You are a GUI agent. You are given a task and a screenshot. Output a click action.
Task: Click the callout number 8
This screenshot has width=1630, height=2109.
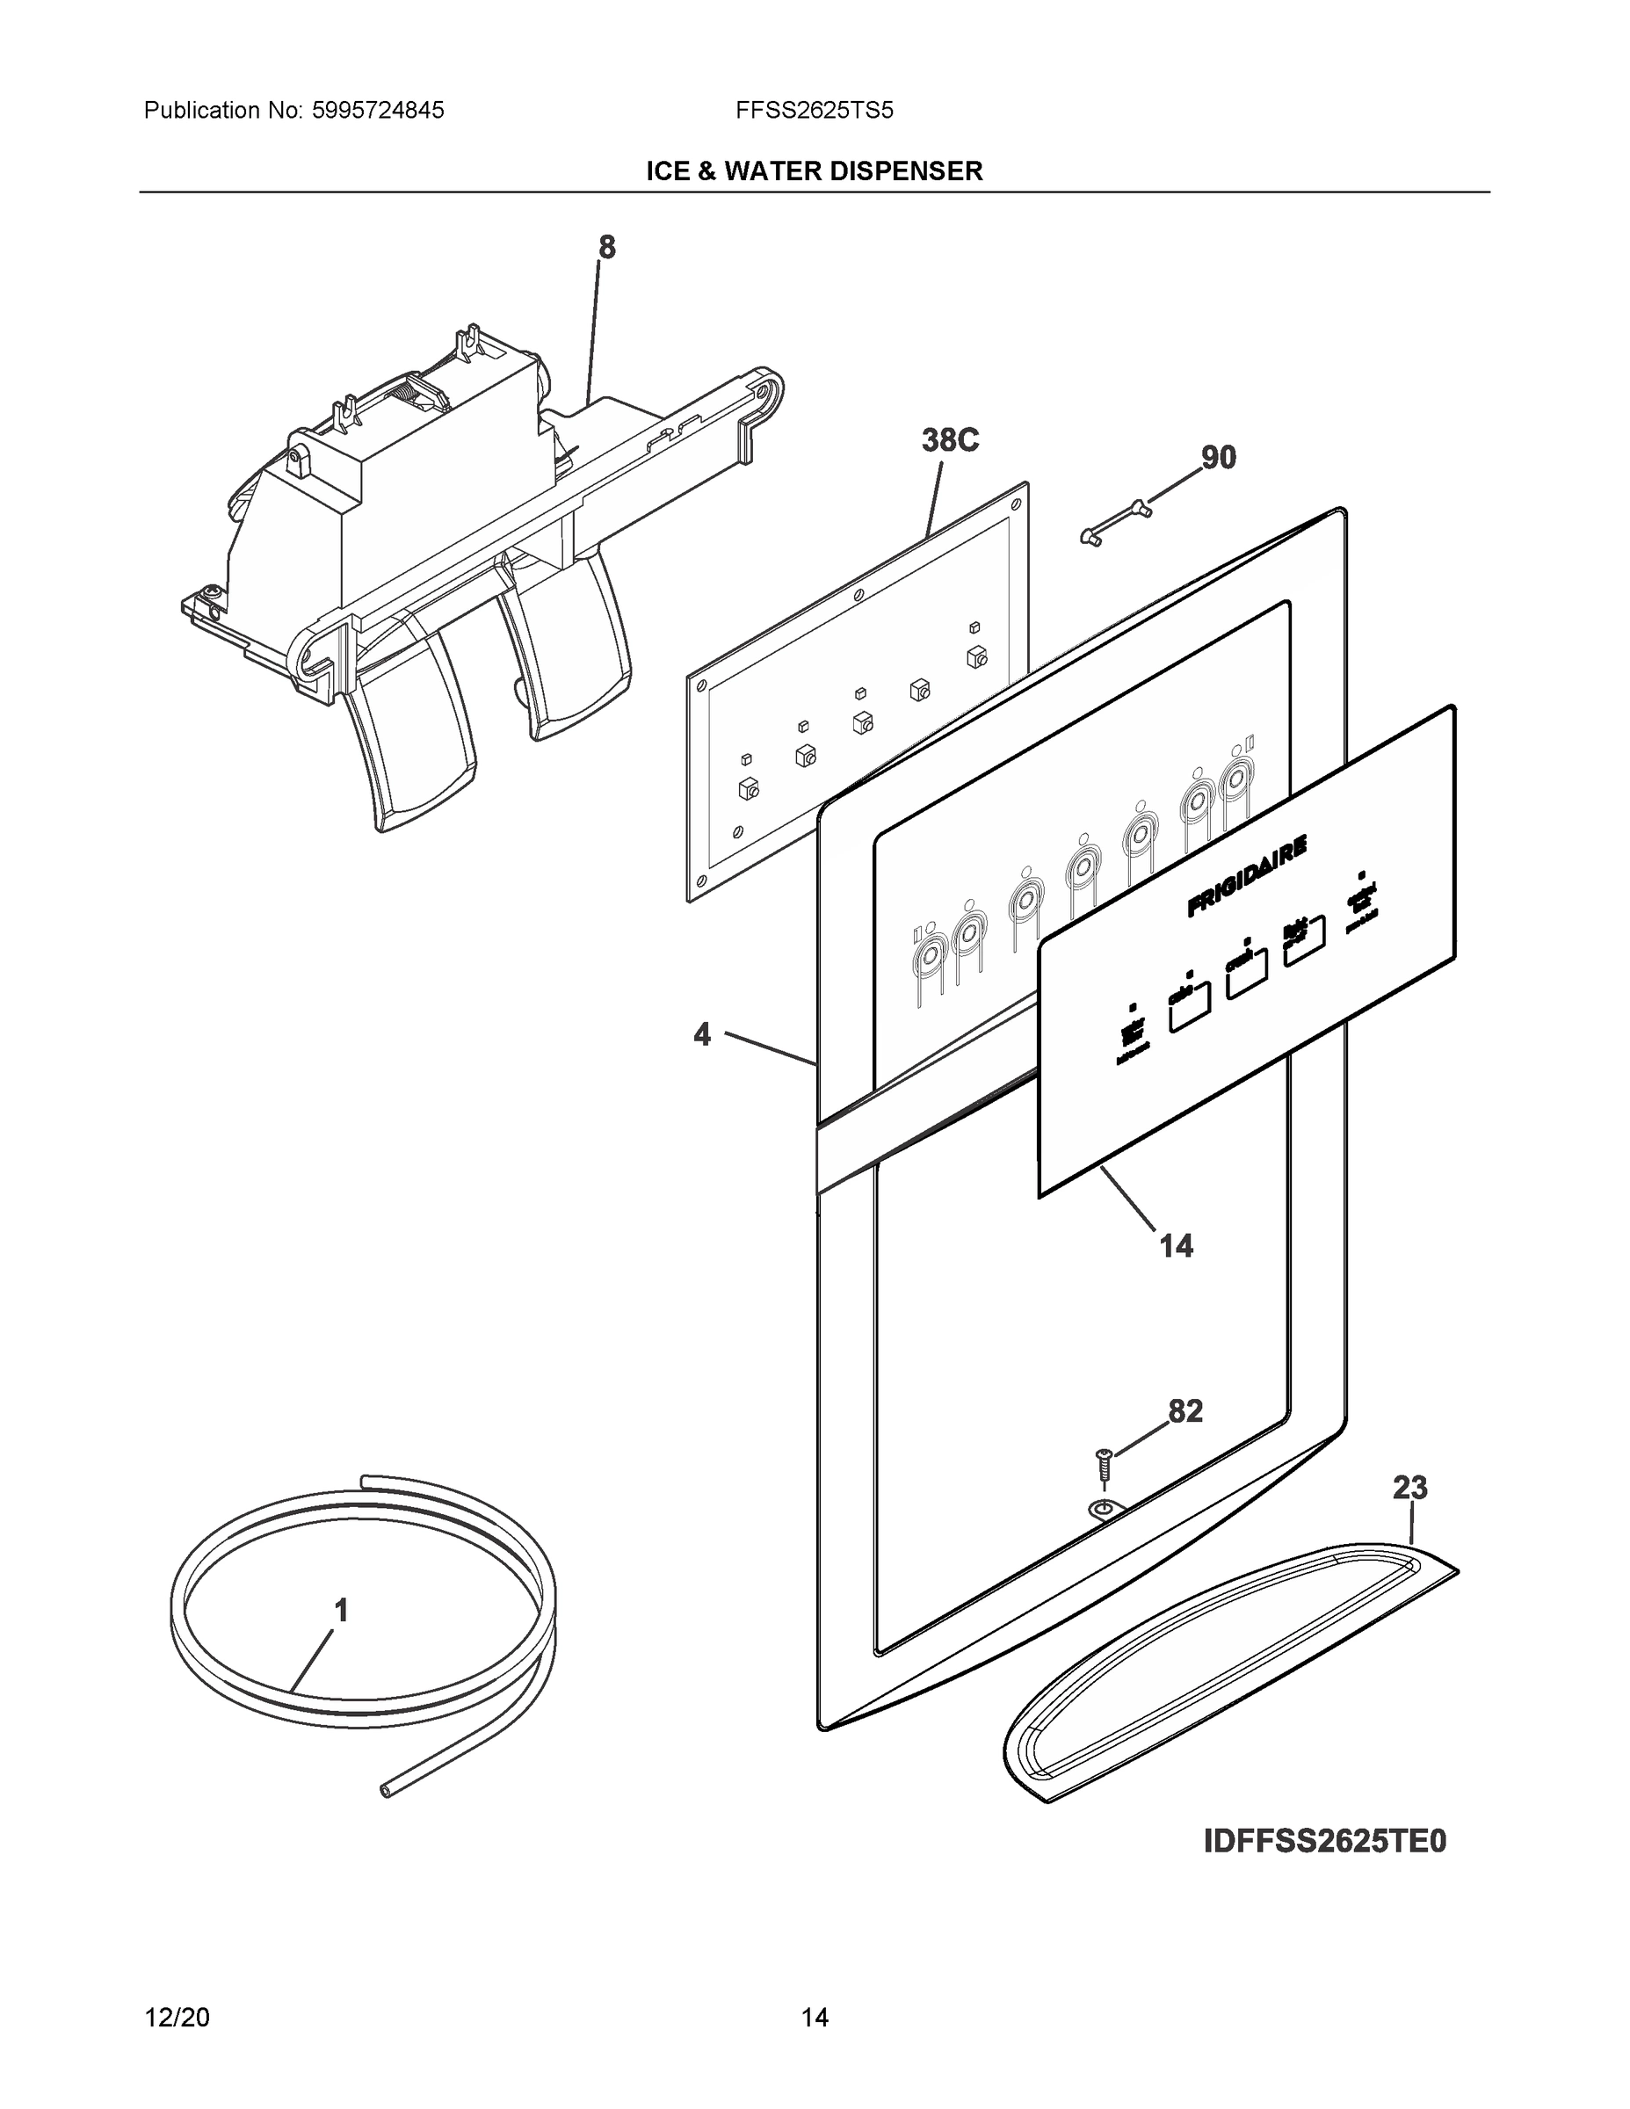(x=606, y=248)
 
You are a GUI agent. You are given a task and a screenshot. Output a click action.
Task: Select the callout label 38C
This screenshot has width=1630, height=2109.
(x=950, y=440)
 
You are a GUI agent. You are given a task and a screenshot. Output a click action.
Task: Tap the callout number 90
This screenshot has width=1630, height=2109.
(x=1218, y=457)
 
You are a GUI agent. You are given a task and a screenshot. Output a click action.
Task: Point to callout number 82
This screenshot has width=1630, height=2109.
(x=1185, y=1412)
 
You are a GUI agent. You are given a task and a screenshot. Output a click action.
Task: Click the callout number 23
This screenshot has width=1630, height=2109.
(x=1409, y=1488)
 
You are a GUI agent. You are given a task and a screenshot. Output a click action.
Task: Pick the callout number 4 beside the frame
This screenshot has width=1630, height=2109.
(x=702, y=1035)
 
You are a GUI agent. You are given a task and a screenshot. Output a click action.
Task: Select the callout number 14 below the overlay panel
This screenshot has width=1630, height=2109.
(x=1177, y=1246)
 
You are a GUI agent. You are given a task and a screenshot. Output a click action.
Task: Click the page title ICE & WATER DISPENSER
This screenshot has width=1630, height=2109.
(x=814, y=171)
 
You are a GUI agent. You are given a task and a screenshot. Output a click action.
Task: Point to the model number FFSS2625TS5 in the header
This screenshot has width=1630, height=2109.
(x=814, y=110)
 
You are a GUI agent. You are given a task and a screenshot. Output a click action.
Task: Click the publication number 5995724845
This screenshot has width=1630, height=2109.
(x=379, y=110)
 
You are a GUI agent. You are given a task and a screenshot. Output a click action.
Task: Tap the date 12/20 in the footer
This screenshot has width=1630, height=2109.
(x=177, y=2018)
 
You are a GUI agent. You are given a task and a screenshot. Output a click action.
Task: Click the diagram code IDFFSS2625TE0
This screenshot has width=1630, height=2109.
(x=1325, y=1842)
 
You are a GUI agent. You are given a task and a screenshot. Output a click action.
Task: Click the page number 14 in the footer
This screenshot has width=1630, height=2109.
(x=814, y=2018)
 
